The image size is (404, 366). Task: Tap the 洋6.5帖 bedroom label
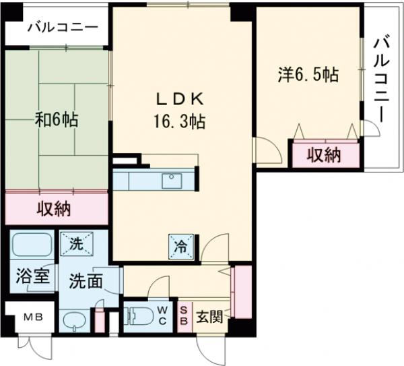(x=307, y=75)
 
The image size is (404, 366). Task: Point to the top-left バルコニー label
(x=63, y=28)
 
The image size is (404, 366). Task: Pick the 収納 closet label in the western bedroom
(x=324, y=156)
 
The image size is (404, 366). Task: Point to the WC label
(x=164, y=315)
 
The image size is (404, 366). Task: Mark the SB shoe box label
(x=184, y=315)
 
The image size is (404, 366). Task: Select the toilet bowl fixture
(x=139, y=315)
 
